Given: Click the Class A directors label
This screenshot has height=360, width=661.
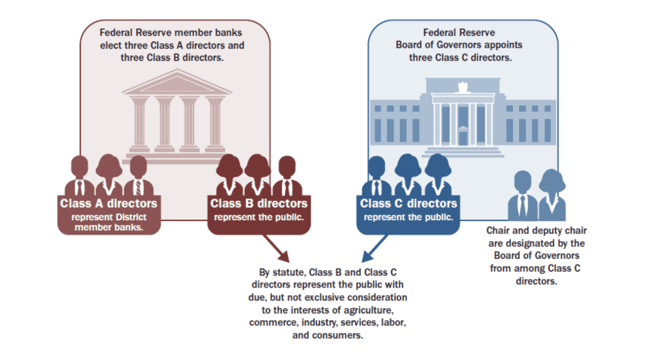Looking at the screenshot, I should (x=109, y=203).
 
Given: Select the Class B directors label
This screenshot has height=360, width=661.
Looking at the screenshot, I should (x=259, y=203).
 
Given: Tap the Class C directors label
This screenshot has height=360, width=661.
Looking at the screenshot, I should (x=408, y=203).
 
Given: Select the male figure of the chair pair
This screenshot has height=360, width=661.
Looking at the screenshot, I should (x=522, y=195).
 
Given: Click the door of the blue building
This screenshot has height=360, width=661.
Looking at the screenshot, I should (x=462, y=137).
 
